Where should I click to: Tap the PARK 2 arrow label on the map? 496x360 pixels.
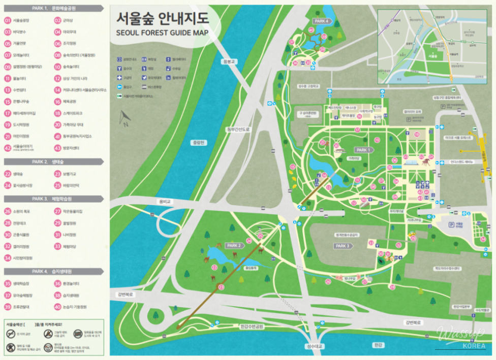[235, 245]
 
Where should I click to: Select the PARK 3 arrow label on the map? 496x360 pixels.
[343, 246]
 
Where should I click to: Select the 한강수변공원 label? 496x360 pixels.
[252, 326]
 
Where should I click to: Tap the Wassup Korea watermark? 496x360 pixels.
[460, 336]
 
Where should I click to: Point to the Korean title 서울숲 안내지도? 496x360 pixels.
[162, 18]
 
